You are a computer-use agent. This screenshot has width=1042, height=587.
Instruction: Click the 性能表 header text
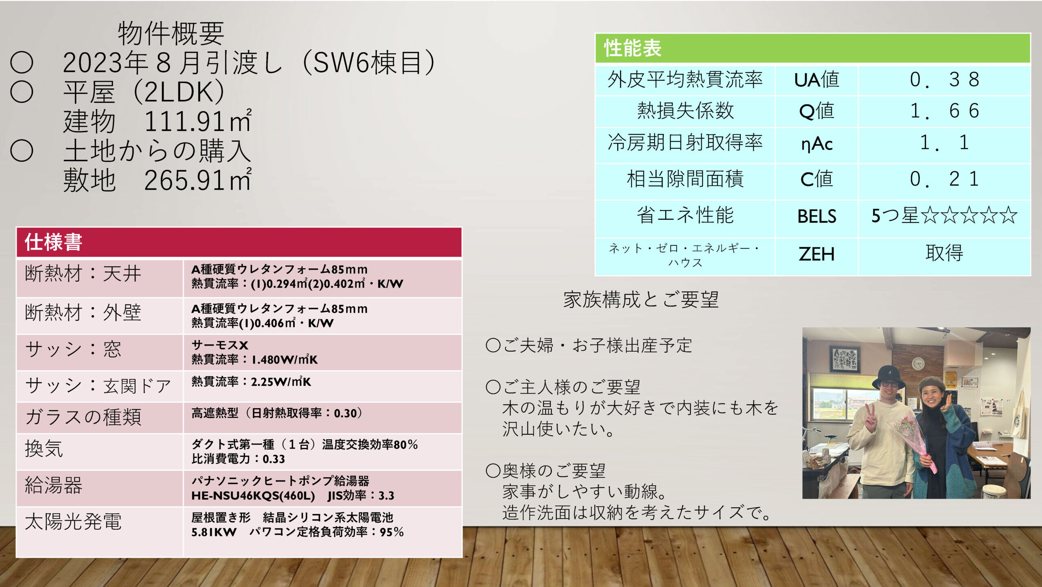[633, 48]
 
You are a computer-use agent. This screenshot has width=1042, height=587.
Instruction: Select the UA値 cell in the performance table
[817, 79]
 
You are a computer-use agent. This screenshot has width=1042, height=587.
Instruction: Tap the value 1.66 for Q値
[944, 111]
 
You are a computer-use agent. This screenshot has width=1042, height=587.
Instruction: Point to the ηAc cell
[817, 144]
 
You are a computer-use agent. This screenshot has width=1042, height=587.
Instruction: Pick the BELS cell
[817, 216]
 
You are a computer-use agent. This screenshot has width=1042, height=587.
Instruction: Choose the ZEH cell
[817, 254]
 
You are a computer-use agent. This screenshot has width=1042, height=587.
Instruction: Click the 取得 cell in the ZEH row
[944, 253]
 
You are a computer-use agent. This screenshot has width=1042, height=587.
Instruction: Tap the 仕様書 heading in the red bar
[53, 242]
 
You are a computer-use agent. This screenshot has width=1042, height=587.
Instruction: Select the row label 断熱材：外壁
[83, 313]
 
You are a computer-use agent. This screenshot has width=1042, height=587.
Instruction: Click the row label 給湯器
[54, 485]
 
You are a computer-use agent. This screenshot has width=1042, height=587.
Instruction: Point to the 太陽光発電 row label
[73, 521]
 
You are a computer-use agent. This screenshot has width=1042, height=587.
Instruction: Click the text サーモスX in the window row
[220, 345]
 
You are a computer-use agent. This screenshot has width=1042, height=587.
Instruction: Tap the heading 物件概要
[171, 33]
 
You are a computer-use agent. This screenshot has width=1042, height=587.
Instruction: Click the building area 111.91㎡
[198, 121]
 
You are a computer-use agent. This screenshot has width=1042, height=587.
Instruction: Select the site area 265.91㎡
[198, 180]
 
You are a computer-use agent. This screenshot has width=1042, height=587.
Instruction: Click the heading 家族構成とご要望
[641, 300]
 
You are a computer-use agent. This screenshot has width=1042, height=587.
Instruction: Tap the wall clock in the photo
[918, 363]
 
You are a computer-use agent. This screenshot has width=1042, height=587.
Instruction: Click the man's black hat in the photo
[889, 377]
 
